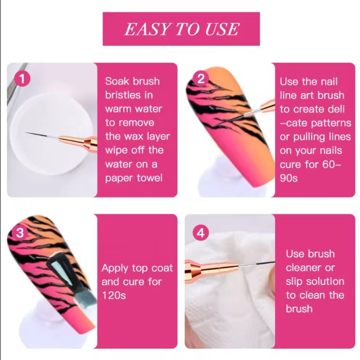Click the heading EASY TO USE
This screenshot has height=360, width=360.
pos(181,29)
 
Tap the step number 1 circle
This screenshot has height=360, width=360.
pos(21,79)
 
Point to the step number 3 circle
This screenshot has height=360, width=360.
pos(20,233)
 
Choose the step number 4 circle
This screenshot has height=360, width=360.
pos(200,233)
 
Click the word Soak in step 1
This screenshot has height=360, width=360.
pos(117,81)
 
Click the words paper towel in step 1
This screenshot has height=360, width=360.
pos(133,177)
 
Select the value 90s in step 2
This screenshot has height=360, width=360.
pos(288,177)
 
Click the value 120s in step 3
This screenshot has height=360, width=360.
pos(113,295)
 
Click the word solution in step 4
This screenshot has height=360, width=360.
pos(324,281)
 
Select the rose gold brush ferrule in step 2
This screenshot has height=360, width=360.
pos(264,106)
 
